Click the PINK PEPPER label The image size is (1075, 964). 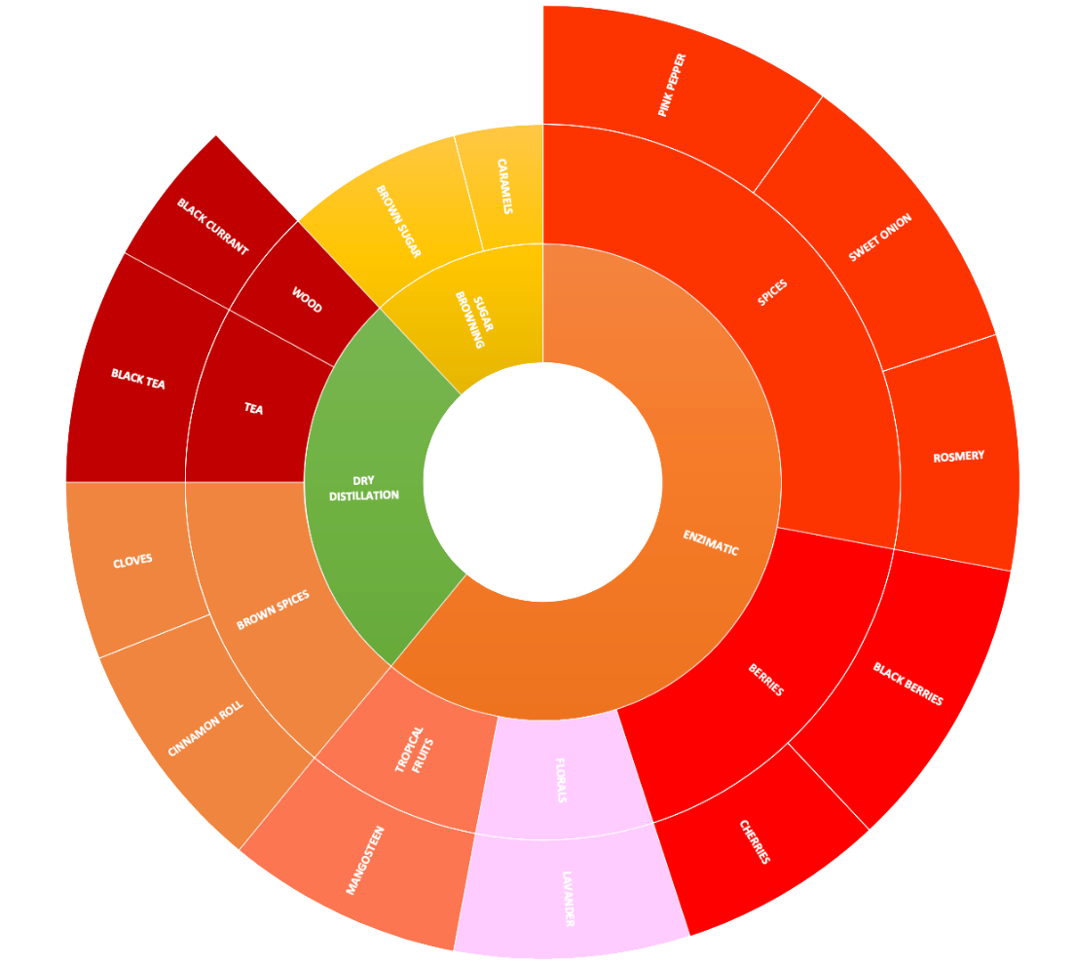(x=672, y=86)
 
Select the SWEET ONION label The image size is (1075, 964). (x=879, y=238)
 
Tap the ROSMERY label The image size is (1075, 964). (x=958, y=457)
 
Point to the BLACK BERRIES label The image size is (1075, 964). (x=908, y=684)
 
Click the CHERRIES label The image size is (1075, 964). (x=755, y=842)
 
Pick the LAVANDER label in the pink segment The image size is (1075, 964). (x=568, y=898)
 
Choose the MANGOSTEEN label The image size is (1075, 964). (x=366, y=860)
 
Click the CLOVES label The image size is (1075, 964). (x=132, y=562)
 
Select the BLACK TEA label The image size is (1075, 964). (x=137, y=379)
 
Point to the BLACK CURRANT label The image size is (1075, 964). (x=212, y=226)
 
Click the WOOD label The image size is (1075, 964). (x=306, y=299)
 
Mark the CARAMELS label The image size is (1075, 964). (x=503, y=187)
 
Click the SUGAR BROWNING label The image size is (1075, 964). (x=470, y=317)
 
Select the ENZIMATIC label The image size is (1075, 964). (x=710, y=543)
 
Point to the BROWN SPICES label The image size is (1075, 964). (x=274, y=610)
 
